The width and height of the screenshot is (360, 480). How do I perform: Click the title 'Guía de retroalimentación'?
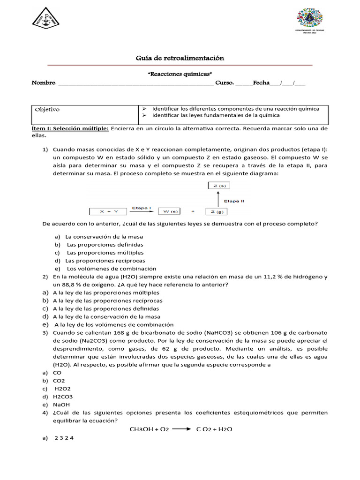tap(180, 58)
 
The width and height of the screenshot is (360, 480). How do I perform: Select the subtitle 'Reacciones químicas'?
tap(180, 74)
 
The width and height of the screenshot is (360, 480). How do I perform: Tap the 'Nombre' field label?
tap(43, 83)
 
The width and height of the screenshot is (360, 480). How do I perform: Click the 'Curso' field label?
tap(224, 83)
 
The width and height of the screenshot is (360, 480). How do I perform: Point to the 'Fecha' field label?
tap(261, 83)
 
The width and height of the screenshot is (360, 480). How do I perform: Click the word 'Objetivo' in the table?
tap(47, 110)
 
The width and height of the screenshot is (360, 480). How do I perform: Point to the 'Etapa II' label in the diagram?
tap(234, 201)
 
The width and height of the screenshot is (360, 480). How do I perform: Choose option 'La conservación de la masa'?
tap(104, 237)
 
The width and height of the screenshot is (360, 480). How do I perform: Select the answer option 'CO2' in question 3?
tap(59, 381)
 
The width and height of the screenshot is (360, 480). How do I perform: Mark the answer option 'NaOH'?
tap(61, 405)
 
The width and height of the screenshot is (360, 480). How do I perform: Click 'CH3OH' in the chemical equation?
tap(144, 429)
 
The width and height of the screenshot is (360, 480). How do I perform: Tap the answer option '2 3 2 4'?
tap(64, 438)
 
